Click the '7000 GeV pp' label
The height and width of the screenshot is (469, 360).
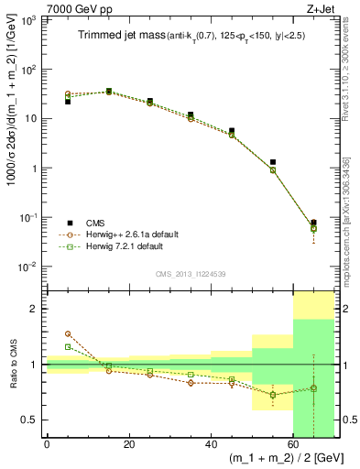(74, 8)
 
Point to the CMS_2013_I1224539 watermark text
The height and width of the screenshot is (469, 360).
(191, 273)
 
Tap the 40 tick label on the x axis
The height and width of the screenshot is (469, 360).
(210, 445)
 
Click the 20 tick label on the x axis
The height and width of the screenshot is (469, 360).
(128, 445)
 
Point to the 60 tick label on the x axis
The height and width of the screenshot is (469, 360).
(292, 445)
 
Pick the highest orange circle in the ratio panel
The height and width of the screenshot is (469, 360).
(68, 334)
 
